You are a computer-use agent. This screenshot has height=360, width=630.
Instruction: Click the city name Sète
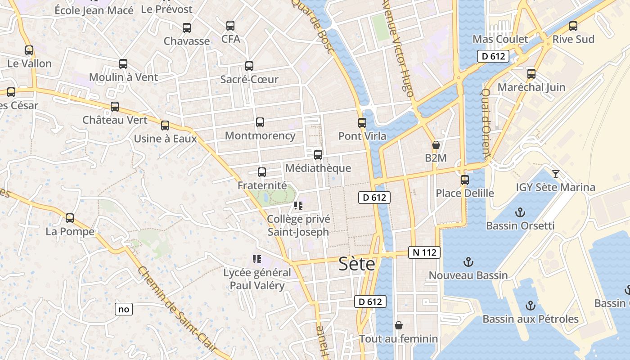click(356, 264)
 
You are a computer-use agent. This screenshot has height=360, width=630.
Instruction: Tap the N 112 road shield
click(424, 252)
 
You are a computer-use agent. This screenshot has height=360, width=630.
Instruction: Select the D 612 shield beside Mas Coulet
click(493, 57)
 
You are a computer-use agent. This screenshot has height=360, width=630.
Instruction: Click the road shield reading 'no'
click(124, 309)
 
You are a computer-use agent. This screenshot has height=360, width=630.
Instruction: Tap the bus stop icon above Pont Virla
click(362, 122)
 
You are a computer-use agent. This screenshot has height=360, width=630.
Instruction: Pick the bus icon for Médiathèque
click(318, 155)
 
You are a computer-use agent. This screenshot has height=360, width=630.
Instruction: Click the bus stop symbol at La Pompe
click(70, 218)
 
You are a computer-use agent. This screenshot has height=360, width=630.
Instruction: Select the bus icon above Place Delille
click(465, 180)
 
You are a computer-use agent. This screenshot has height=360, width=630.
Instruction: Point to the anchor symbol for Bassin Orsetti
click(520, 212)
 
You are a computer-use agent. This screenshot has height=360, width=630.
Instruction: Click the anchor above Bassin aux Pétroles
click(531, 306)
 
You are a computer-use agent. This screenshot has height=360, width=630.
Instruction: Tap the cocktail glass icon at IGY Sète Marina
click(556, 174)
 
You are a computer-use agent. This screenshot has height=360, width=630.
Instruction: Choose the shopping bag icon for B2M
click(436, 145)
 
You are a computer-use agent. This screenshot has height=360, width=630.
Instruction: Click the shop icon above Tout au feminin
click(398, 325)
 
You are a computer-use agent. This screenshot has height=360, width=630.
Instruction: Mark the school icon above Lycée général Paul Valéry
click(257, 259)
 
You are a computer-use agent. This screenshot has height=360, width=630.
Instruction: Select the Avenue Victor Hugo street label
click(397, 49)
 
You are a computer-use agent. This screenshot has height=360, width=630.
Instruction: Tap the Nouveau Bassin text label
click(468, 275)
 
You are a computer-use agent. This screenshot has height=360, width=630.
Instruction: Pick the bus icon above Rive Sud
click(573, 26)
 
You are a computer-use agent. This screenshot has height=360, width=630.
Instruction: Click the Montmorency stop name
click(260, 135)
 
